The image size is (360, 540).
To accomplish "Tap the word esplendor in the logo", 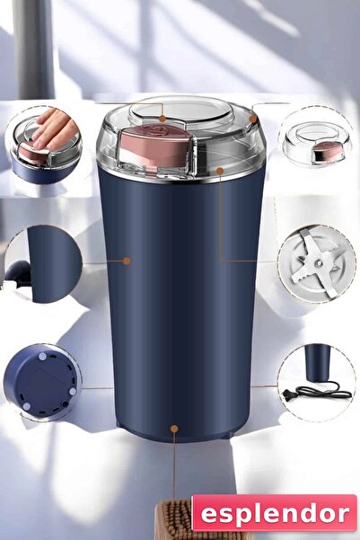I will coord(274,513).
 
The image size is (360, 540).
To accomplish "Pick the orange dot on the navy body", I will coord(127,261).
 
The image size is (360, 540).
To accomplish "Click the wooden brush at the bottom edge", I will coord(175,522).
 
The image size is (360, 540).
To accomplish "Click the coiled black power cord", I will coord(324,390).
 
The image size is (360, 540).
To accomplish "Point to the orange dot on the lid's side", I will coord(220,168).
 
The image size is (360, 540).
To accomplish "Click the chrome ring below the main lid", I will coord(184,177).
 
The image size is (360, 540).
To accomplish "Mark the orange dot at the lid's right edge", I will coord(253,118).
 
